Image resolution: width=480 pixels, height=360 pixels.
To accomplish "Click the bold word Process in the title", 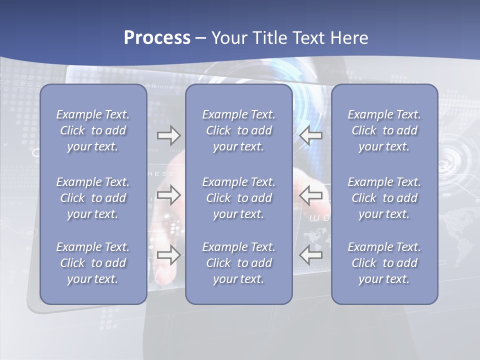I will coord(157,38).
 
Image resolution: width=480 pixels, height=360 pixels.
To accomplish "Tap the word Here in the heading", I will coord(349,38).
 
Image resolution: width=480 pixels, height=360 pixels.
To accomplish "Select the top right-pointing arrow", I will coord(169,135).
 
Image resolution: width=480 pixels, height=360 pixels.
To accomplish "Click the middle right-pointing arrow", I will coord(169,194).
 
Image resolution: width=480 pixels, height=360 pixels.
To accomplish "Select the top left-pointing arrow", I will coord(311,135).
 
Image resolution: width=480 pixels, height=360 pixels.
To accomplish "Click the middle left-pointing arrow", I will coord(311,194).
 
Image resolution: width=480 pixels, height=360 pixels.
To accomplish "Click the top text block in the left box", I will coord(93,130).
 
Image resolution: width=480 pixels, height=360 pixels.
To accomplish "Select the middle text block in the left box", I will coord(93,198).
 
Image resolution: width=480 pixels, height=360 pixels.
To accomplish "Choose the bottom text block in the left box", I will coord(93,263).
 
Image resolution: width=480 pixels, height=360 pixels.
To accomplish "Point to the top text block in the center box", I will coord(239,130).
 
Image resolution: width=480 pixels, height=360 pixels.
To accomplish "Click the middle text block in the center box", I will coord(239,198).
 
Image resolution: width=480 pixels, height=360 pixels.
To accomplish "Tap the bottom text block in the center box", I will coord(239,263).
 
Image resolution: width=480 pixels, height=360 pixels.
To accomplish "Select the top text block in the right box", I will coord(384,130).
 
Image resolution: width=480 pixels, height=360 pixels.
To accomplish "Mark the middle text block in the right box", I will coord(384,198).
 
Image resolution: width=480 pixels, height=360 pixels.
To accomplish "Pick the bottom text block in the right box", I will coord(384,263).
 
